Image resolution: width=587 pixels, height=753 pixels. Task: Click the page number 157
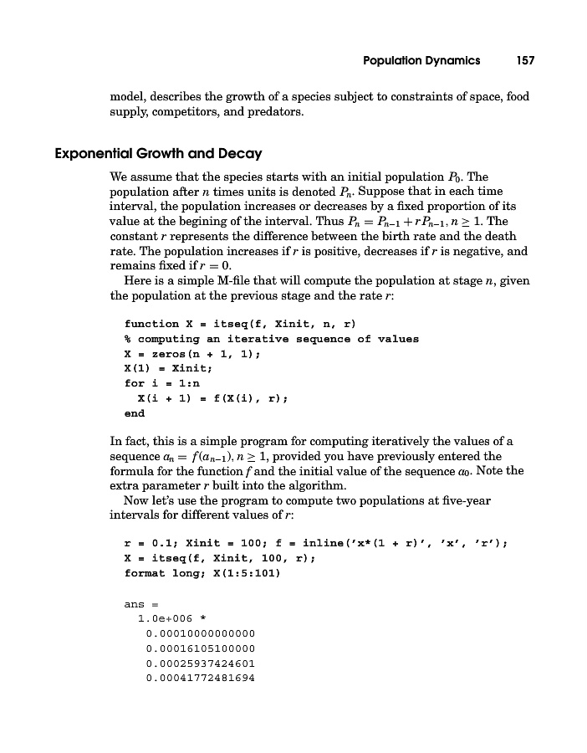(x=525, y=60)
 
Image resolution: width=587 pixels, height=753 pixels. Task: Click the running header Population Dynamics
(x=421, y=60)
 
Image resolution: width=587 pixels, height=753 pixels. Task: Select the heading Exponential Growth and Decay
(x=158, y=154)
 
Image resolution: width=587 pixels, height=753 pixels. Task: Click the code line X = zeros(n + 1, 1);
(x=192, y=354)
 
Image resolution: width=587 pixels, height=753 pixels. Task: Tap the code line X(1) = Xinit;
(x=168, y=369)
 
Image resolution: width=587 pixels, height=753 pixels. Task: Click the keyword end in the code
(x=134, y=413)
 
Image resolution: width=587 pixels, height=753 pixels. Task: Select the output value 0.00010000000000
(x=199, y=633)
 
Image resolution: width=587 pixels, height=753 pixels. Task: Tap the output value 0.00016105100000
(x=199, y=648)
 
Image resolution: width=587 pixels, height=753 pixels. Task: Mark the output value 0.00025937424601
(x=199, y=663)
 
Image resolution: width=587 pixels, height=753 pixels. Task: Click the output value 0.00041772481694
(x=199, y=679)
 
